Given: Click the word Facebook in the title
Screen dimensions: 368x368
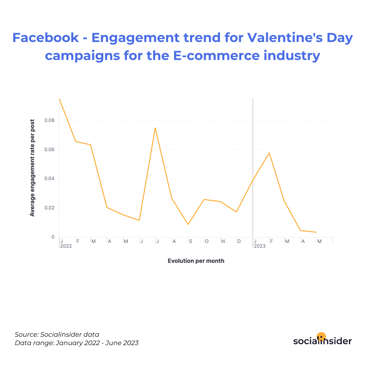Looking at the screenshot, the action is coord(45,37).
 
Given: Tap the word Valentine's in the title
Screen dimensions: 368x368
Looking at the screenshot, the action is coord(285,37).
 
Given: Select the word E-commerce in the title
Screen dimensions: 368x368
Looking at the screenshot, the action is coord(216,56).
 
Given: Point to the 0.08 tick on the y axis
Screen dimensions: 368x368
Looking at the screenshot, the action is coord(49,120).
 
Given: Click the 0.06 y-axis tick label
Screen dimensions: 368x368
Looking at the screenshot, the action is coord(49,149).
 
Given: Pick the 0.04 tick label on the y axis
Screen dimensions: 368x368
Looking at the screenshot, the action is coord(49,178).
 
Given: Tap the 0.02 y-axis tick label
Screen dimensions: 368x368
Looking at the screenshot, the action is coord(49,207).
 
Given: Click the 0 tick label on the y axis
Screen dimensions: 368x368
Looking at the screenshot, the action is coord(53,237).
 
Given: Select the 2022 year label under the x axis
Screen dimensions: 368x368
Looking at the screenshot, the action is coord(66,246).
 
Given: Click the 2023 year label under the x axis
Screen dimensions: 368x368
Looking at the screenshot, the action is coord(260,246).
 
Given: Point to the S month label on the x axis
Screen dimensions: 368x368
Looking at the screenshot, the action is coord(190,241).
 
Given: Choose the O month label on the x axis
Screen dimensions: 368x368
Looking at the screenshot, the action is coord(207,241).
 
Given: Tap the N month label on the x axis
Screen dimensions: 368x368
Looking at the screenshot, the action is coord(223,241).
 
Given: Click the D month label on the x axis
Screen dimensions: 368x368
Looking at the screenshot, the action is coord(239,241).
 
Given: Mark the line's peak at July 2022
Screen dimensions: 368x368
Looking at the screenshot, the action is coord(155,128).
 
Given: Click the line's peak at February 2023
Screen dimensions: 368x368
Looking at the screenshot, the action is coord(269,153).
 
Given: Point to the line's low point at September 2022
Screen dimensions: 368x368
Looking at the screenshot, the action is coord(188,224).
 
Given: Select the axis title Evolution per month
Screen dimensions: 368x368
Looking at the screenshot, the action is coord(196,261).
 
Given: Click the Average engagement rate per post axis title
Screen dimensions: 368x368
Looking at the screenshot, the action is coord(32,168).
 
